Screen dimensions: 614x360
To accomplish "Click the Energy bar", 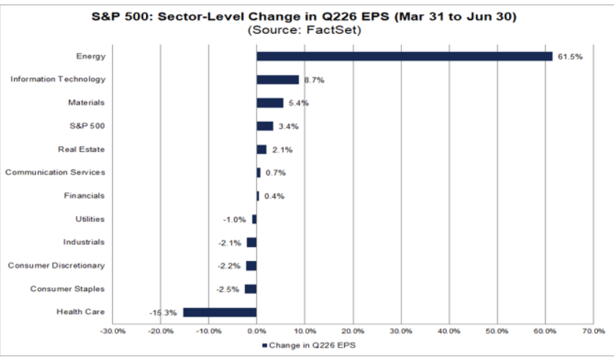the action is coord(404,56).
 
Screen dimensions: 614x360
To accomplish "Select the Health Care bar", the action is coord(220,312).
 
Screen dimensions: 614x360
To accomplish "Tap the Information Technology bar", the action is coord(277,80).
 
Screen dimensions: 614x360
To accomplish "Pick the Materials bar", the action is coord(270,103).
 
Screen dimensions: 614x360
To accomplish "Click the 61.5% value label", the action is coord(570,56).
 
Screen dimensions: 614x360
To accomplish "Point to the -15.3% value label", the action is coord(163,312).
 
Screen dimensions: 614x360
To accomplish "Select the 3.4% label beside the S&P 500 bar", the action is coord(288,126).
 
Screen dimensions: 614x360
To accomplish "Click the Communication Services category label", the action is coord(55,172).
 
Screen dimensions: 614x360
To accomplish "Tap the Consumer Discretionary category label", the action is coord(56,265).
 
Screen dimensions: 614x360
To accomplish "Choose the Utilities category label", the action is coord(90,218).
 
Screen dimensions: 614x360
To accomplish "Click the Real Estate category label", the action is coord(81,149).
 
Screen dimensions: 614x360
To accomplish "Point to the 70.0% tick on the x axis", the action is coord(593,331).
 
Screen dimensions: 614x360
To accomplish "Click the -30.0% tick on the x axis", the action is coord(113,331).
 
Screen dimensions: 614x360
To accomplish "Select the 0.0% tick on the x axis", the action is coord(257,331).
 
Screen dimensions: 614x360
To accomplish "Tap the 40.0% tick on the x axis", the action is coord(449,331).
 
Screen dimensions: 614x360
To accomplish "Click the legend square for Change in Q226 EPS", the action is coord(264,345).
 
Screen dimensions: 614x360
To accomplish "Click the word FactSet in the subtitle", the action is coord(333,30).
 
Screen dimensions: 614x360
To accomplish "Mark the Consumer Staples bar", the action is coord(251,289).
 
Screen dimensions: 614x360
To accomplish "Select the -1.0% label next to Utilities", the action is coord(235,219).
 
